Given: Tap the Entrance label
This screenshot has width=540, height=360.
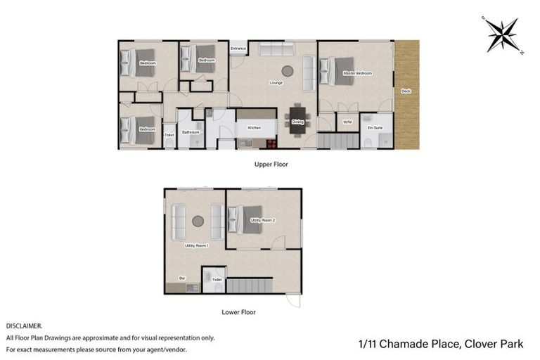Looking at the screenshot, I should click(239, 49).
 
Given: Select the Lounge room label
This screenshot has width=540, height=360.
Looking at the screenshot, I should click(276, 83).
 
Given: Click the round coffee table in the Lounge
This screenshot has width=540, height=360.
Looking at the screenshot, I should click(288, 70).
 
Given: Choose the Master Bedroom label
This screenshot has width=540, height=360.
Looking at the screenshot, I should click(357, 73).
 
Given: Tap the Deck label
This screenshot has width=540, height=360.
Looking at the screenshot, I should click(406, 91).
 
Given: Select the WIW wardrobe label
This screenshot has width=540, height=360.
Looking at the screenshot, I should click(347, 122).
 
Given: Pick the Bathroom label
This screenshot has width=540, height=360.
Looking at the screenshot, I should click(191, 132).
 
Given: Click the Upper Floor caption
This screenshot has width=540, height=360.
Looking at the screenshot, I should click(271, 164).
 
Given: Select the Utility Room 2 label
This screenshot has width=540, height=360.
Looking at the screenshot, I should click(263, 220).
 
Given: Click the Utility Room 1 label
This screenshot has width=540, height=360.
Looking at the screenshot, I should click(197, 245).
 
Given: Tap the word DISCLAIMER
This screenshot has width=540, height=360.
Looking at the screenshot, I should click(25, 326).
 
